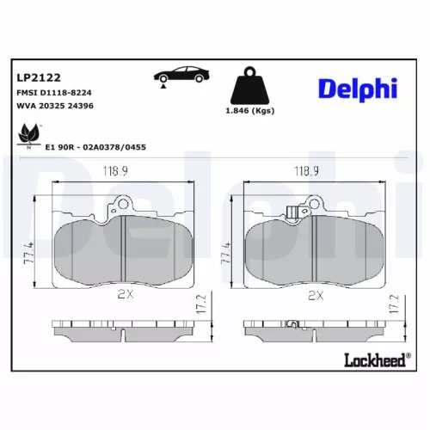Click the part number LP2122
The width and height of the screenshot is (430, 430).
[33, 77]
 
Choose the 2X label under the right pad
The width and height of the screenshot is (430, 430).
[314, 294]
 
